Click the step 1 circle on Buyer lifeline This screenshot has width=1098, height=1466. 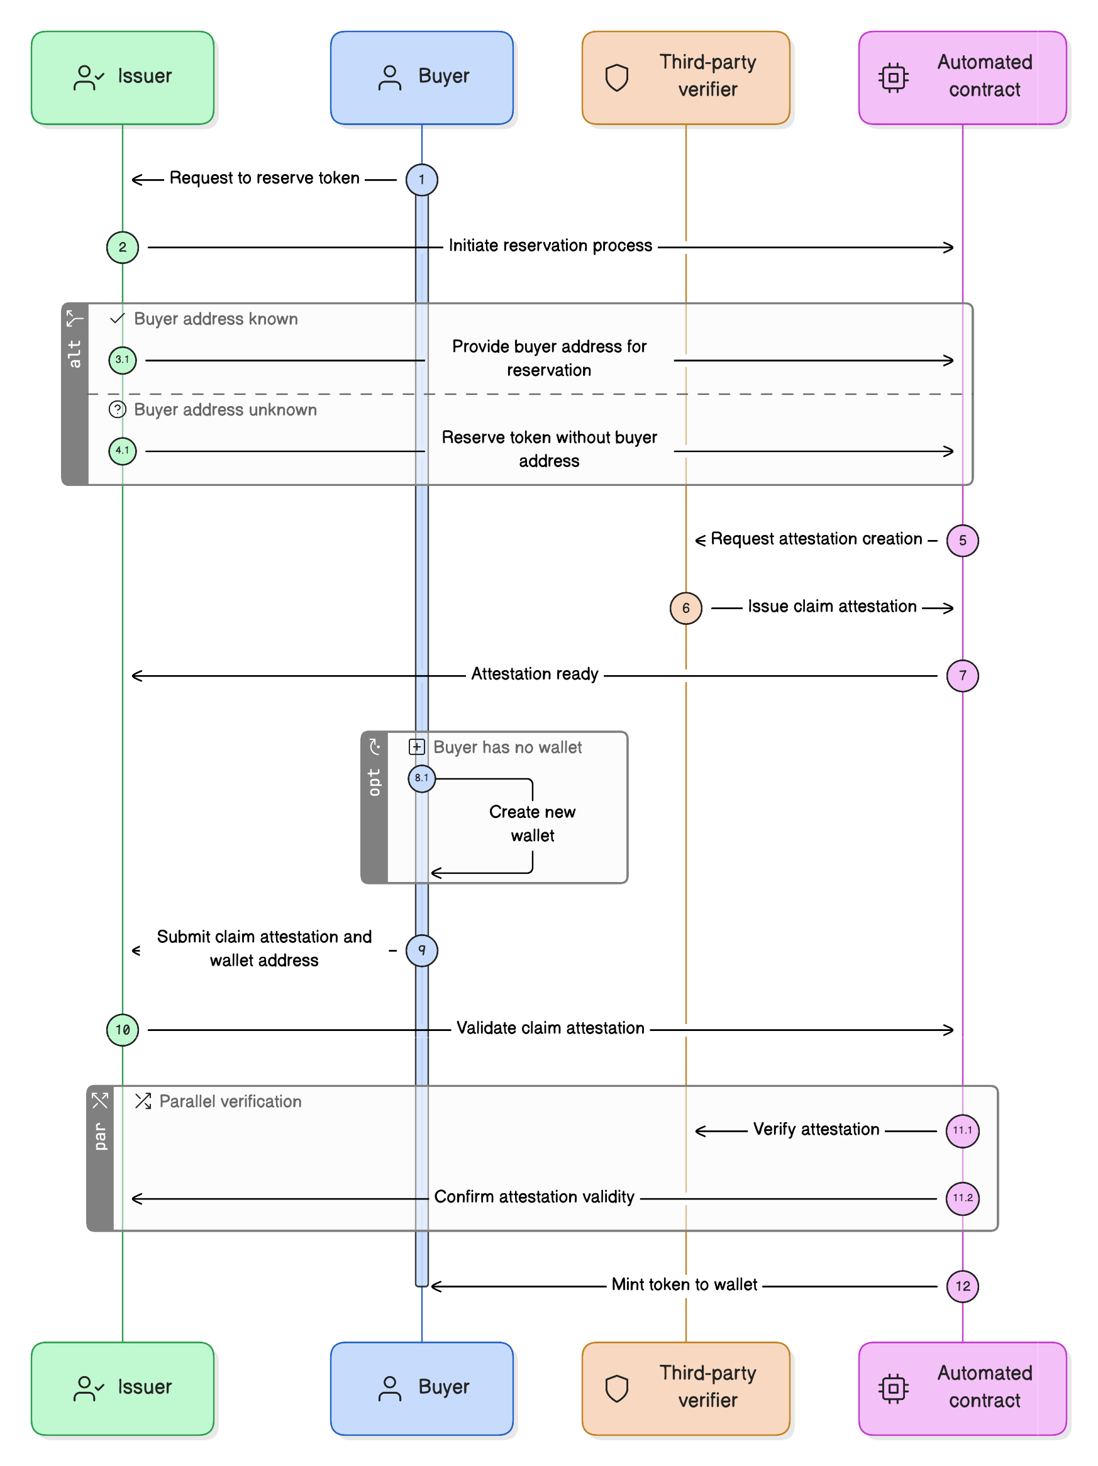coord(421,180)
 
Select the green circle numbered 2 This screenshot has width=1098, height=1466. coord(123,247)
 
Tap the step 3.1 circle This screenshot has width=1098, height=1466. coord(123,360)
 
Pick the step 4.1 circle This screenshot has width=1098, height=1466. coord(123,451)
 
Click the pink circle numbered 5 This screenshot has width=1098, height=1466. coord(962,540)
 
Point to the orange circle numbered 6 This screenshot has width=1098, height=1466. coord(685,608)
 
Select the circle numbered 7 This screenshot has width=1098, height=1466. coord(962,675)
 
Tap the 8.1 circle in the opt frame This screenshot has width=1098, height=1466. coord(422,778)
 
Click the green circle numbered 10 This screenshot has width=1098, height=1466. coord(123,1029)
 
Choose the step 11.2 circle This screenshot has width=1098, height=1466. coord(962,1198)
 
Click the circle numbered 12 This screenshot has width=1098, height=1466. coord(962,1286)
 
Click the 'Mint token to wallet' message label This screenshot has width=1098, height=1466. coord(684,1284)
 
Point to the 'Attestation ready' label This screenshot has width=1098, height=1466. coord(535,674)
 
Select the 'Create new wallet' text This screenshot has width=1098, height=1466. coord(532,823)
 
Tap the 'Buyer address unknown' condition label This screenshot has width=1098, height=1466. coord(225,410)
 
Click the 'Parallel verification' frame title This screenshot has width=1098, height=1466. coord(230,1101)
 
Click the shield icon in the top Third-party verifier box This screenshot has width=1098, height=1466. coord(617,77)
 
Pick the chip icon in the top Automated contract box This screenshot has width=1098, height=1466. coord(893,77)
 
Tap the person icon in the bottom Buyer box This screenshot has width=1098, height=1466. coord(389,1388)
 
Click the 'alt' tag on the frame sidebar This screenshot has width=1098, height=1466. coord(74,354)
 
